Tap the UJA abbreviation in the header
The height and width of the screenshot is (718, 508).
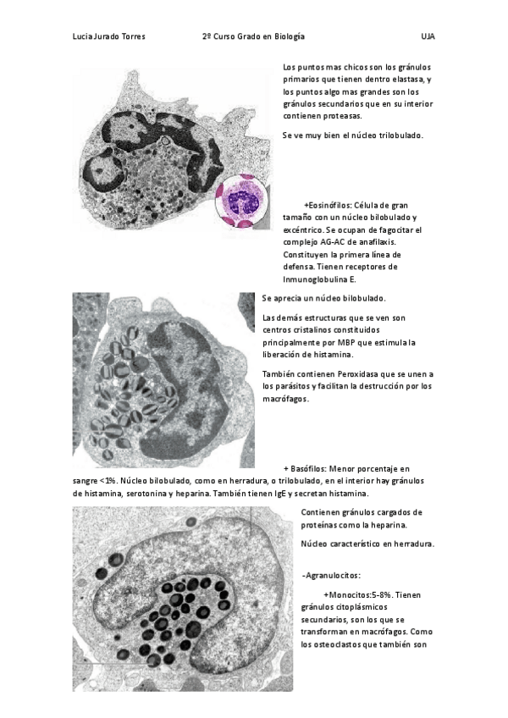click(428, 37)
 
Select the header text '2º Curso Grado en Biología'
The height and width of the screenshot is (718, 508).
click(253, 37)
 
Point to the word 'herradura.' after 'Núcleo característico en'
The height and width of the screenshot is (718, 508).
click(410, 544)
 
